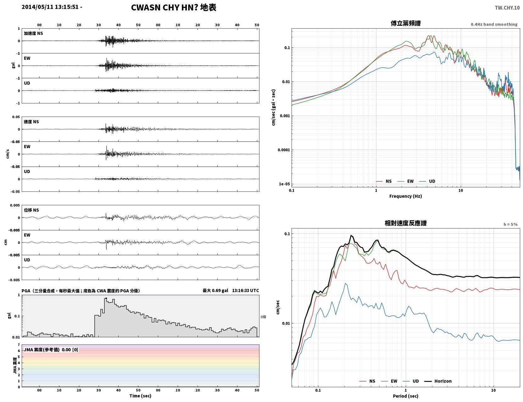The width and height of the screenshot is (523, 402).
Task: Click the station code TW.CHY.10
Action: [x=507, y=8]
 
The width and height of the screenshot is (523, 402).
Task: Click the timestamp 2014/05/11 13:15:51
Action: [x=50, y=7]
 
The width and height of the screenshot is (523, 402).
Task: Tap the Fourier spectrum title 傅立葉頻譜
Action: [x=406, y=23]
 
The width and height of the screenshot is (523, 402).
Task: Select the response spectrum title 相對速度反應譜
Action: [x=406, y=223]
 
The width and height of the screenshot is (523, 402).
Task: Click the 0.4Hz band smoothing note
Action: [x=494, y=24]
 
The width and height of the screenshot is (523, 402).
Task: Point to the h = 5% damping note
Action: [x=510, y=224]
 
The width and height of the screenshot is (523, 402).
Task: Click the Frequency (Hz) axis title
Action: [x=406, y=196]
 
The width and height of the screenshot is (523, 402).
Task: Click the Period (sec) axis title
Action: [x=406, y=396]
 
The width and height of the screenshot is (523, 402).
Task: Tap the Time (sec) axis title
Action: [x=140, y=396]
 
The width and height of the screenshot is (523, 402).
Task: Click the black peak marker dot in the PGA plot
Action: [x=106, y=299]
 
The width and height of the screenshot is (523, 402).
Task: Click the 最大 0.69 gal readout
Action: [x=215, y=290]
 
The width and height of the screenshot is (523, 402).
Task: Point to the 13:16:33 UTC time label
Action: [x=246, y=290]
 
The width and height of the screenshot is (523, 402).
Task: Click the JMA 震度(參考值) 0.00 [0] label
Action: [x=51, y=350]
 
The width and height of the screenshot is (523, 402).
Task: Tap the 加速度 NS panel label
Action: [x=33, y=33]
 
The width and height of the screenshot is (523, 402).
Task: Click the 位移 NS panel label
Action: [x=31, y=210]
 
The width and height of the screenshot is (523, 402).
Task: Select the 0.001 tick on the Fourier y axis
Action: [x=285, y=116]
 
